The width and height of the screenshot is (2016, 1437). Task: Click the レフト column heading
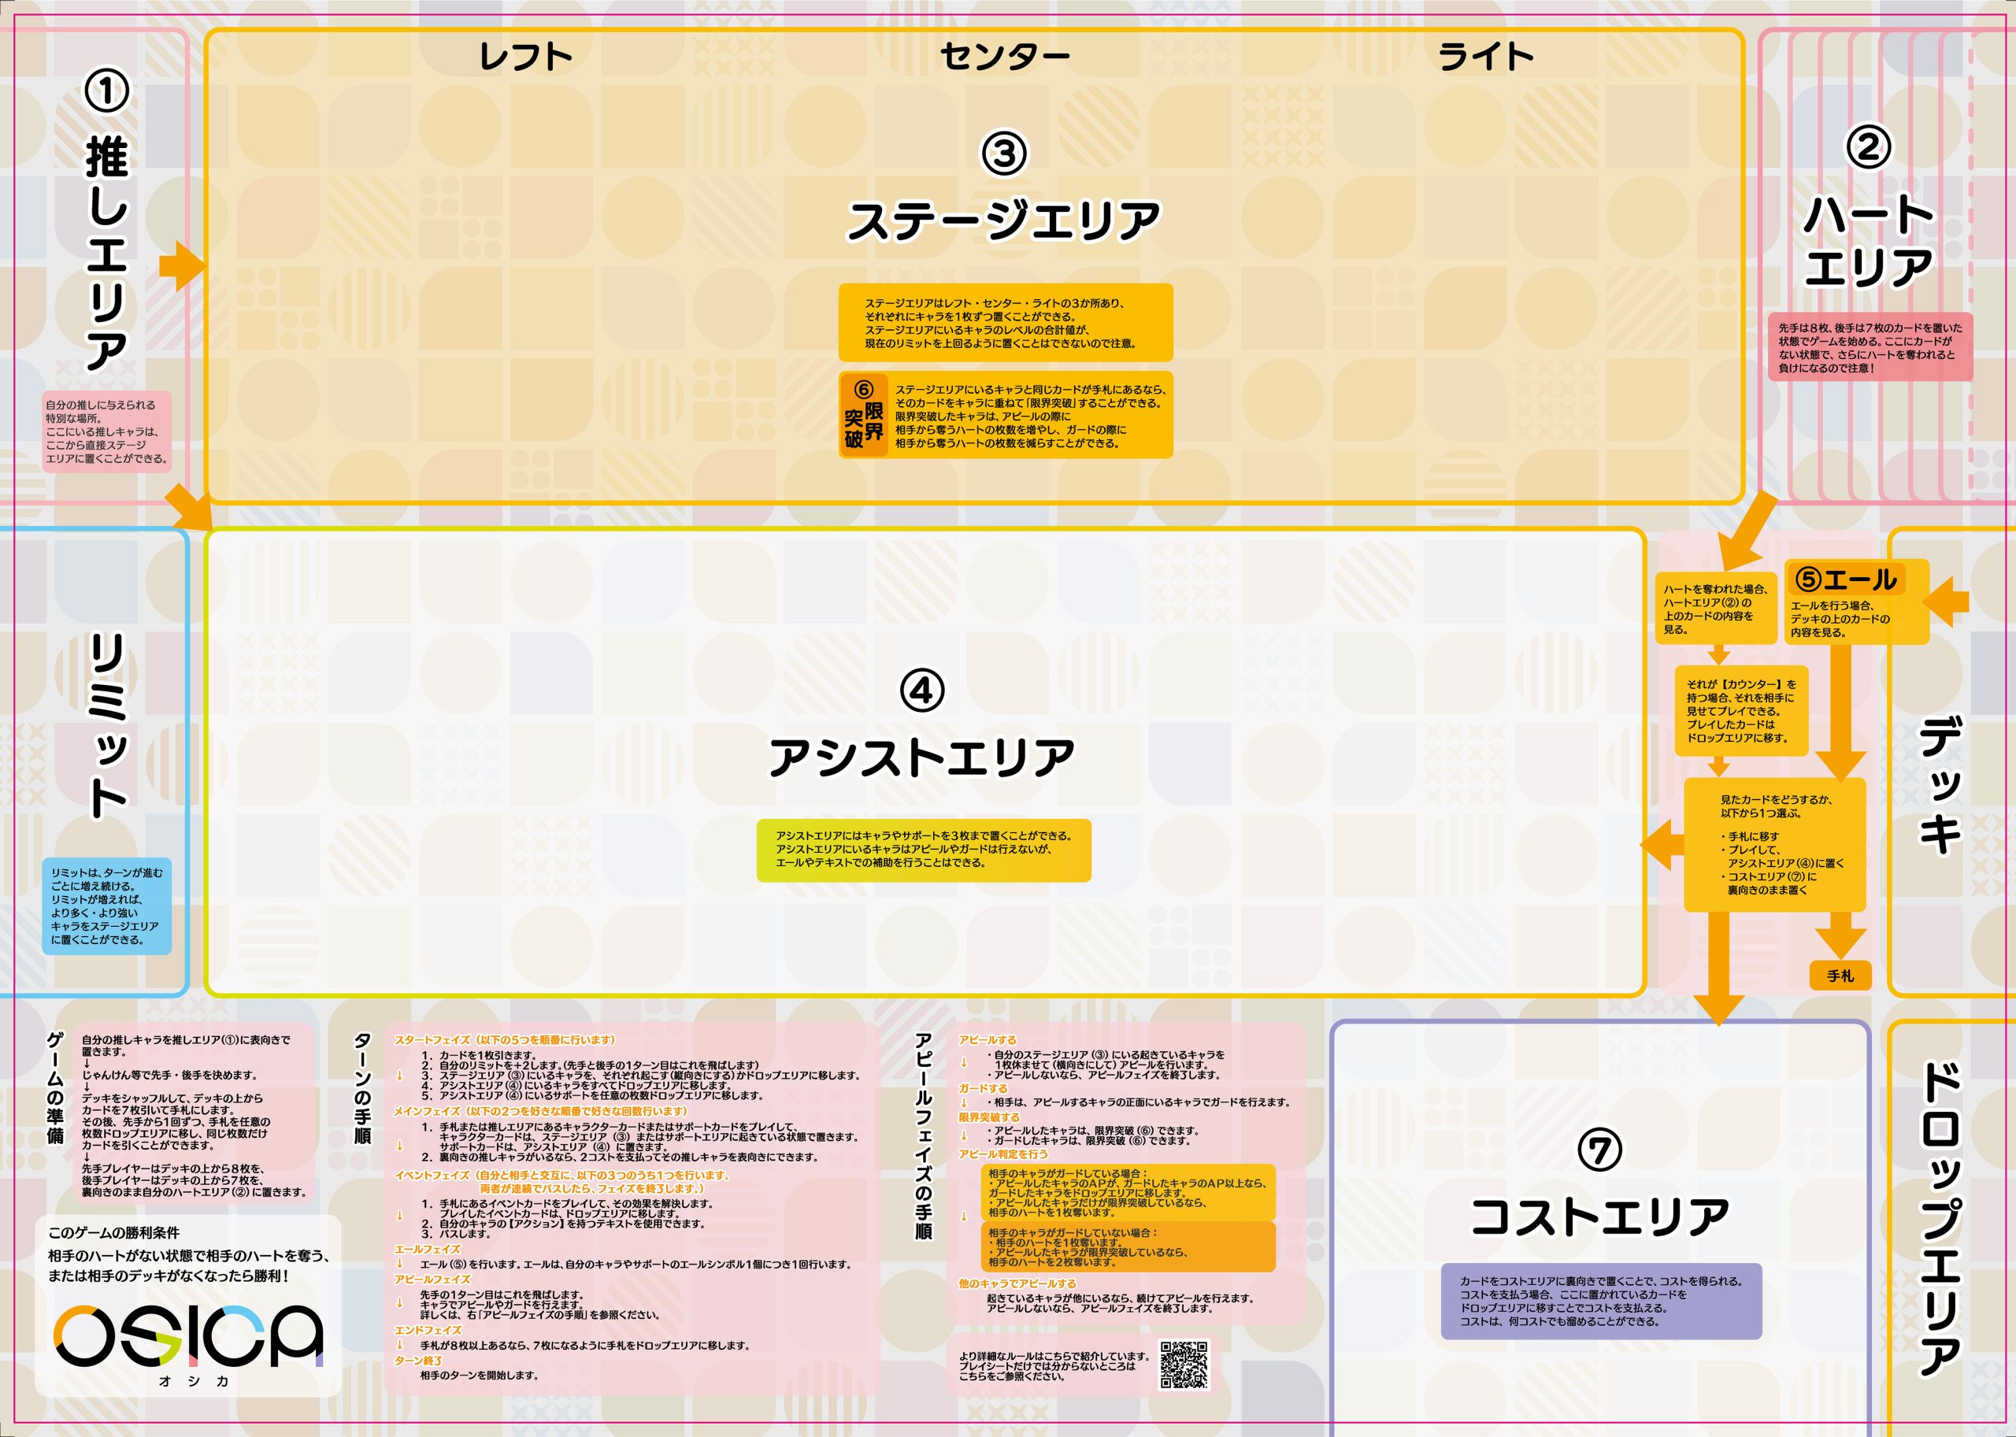pyautogui.click(x=526, y=57)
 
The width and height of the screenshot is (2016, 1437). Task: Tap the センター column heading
pyautogui.click(x=1005, y=57)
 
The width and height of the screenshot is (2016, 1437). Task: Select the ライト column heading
pyautogui.click(x=1486, y=57)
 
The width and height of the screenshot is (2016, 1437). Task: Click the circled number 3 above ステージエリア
pyautogui.click(x=1005, y=153)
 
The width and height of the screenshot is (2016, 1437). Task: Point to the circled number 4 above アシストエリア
pyautogui.click(x=922, y=691)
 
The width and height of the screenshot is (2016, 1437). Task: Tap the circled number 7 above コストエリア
pyautogui.click(x=1600, y=1150)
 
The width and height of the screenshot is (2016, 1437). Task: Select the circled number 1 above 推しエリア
pyautogui.click(x=106, y=91)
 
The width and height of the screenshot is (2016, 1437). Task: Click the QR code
pyautogui.click(x=1184, y=1365)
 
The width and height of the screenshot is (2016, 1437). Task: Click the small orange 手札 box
pyautogui.click(x=1840, y=975)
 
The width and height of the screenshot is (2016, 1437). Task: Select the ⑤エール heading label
pyautogui.click(x=1846, y=580)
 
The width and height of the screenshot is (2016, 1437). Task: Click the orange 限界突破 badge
pyautogui.click(x=864, y=415)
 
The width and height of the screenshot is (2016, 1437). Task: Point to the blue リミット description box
pyautogui.click(x=107, y=906)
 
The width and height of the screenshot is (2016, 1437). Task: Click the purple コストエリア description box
pyautogui.click(x=1601, y=1301)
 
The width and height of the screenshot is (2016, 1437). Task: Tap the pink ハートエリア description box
pyautogui.click(x=1870, y=347)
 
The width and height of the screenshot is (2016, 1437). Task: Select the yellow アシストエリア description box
pyautogui.click(x=923, y=850)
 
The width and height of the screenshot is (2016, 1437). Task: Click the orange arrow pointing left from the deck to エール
pyautogui.click(x=1946, y=602)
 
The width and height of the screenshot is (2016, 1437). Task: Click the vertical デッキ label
pyautogui.click(x=1940, y=787)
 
